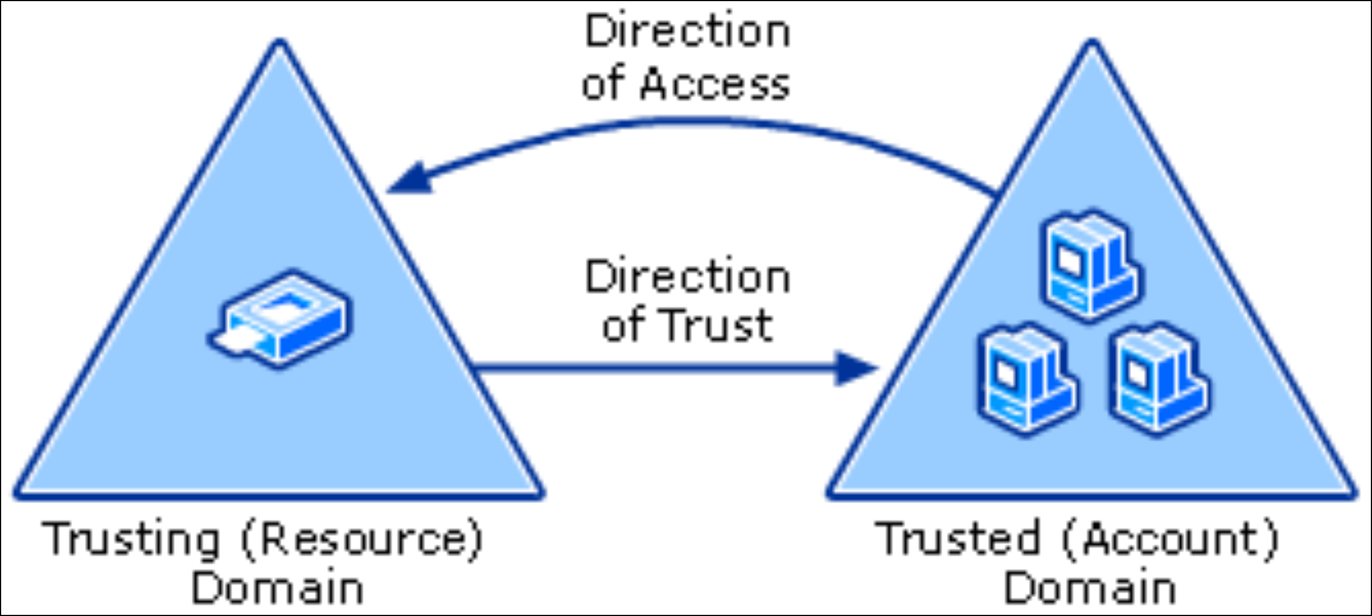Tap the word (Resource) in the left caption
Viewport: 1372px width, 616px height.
[362, 539]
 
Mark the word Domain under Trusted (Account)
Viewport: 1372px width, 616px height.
[1090, 588]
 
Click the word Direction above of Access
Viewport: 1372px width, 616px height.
[687, 32]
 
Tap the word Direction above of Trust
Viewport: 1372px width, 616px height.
[687, 278]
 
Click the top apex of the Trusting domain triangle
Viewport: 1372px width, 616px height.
[280, 43]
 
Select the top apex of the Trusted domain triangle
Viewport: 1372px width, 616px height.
[1092, 43]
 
